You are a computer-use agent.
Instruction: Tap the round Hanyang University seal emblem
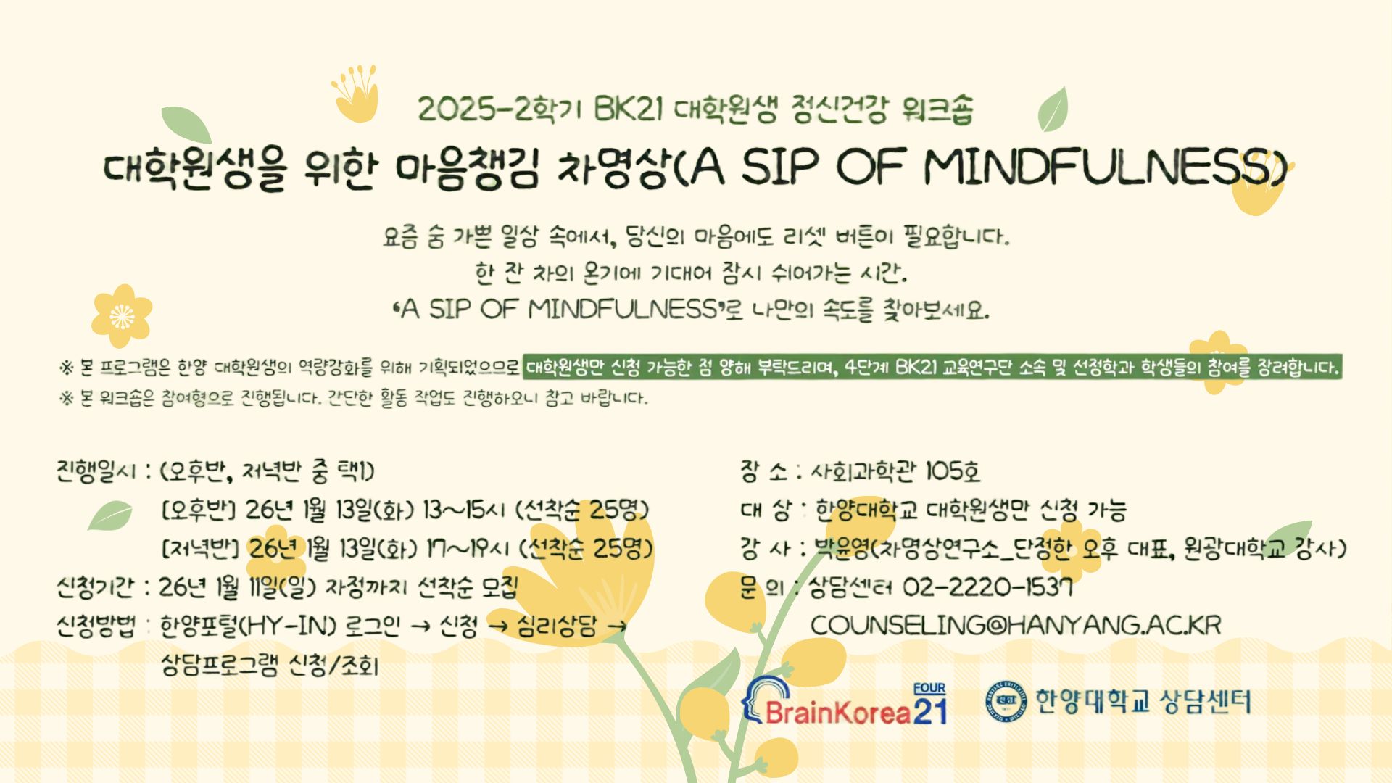[x=1006, y=701]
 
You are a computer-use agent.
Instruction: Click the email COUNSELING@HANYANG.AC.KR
[x=1015, y=625]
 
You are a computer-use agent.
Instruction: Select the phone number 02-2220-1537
[x=987, y=587]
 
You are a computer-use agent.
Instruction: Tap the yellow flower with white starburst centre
[x=122, y=316]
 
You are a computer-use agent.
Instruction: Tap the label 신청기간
[x=95, y=587]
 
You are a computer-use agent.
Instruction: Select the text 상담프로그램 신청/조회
[x=270, y=665]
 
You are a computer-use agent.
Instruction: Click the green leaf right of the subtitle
[x=1053, y=109]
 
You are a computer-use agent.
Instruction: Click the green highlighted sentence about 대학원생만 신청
[x=932, y=367]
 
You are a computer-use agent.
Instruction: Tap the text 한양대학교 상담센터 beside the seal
[x=1143, y=701]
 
